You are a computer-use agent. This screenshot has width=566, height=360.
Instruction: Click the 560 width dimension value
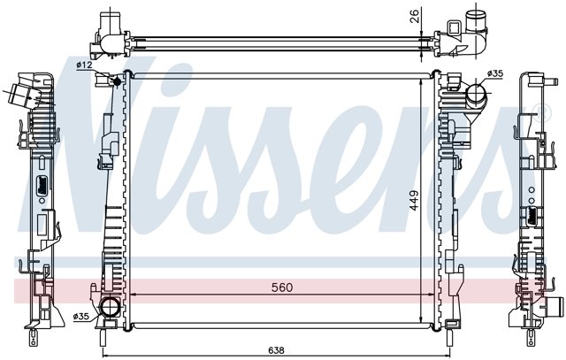pyautogui.click(x=282, y=287)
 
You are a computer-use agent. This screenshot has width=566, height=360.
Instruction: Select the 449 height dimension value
pyautogui.click(x=414, y=201)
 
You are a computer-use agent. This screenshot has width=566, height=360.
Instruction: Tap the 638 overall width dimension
pyautogui.click(x=276, y=350)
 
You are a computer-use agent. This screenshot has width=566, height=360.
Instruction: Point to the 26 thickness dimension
pyautogui.click(x=415, y=16)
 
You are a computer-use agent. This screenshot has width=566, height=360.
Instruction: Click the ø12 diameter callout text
pyautogui.click(x=85, y=65)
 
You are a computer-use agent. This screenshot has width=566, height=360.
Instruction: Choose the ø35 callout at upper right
pyautogui.click(x=494, y=73)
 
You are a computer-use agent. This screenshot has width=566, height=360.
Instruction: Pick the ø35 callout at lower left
pyautogui.click(x=80, y=317)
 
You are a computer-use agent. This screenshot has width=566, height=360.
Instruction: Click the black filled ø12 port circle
pyautogui.click(x=117, y=81)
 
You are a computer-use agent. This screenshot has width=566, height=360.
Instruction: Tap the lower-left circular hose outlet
pyautogui.click(x=109, y=308)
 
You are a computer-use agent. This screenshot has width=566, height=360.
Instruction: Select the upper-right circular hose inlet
pyautogui.click(x=475, y=93)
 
